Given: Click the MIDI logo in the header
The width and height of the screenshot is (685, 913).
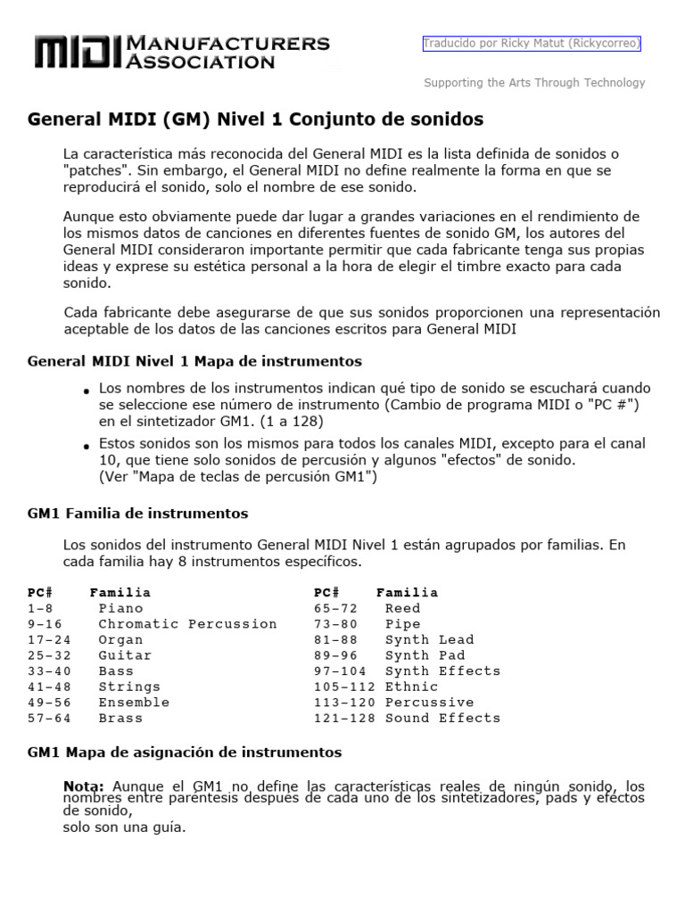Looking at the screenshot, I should click(x=78, y=53).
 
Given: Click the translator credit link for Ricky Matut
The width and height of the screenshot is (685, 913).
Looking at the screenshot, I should click(x=532, y=43).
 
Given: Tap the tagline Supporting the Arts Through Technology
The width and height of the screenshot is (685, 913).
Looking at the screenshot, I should click(x=533, y=83).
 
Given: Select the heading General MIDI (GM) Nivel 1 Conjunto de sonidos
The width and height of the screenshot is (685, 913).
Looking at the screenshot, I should click(x=255, y=119).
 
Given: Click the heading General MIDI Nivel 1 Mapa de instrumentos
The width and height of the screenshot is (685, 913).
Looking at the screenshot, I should click(x=194, y=361).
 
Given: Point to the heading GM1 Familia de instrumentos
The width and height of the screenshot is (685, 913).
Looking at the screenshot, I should click(x=137, y=514).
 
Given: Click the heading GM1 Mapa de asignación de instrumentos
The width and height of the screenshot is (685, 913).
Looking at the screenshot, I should click(x=184, y=753).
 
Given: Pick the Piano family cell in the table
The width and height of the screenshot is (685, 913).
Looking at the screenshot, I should click(x=120, y=608).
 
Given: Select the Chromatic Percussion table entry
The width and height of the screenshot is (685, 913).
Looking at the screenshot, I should click(x=187, y=624).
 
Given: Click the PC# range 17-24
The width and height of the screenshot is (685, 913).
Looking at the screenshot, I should click(x=49, y=639).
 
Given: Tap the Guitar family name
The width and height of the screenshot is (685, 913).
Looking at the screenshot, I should click(x=125, y=655).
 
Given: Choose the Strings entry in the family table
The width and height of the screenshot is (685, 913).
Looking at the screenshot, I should click(x=129, y=687).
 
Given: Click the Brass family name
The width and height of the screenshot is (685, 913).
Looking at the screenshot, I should click(x=120, y=718).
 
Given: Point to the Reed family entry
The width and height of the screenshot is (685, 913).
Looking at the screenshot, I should click(x=402, y=608).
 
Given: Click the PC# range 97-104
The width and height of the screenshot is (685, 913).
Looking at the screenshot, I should click(x=340, y=670).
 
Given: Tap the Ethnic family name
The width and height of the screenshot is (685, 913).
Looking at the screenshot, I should click(x=411, y=687).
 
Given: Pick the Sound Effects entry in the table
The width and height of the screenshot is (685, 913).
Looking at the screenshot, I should click(x=442, y=718).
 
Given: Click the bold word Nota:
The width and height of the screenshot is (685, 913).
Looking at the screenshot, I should click(x=84, y=786).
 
